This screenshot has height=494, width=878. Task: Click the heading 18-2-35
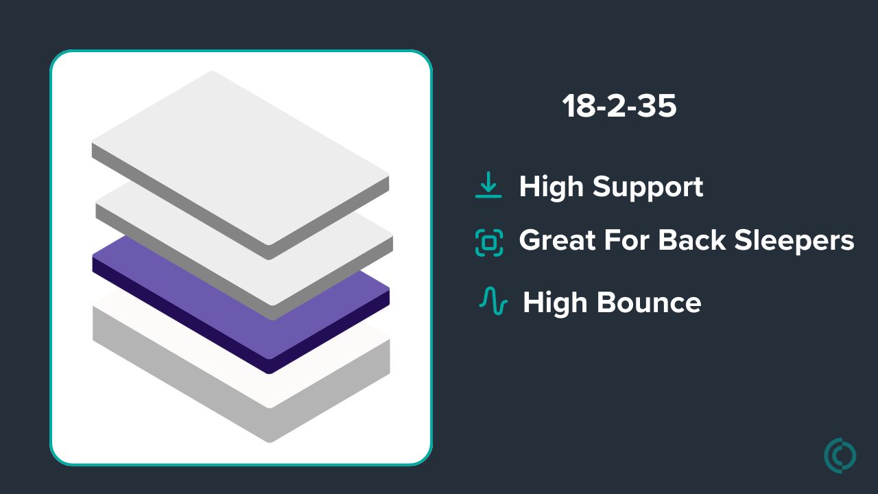(x=619, y=106)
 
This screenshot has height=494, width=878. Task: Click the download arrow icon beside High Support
(x=488, y=185)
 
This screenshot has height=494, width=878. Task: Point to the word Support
(x=648, y=187)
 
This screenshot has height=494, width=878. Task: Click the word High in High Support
(x=551, y=187)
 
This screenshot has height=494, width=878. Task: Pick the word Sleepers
(x=794, y=241)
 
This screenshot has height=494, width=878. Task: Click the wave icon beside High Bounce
(x=493, y=301)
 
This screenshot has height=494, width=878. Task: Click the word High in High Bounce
(x=555, y=304)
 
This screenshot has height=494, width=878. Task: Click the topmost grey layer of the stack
(x=240, y=165)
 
